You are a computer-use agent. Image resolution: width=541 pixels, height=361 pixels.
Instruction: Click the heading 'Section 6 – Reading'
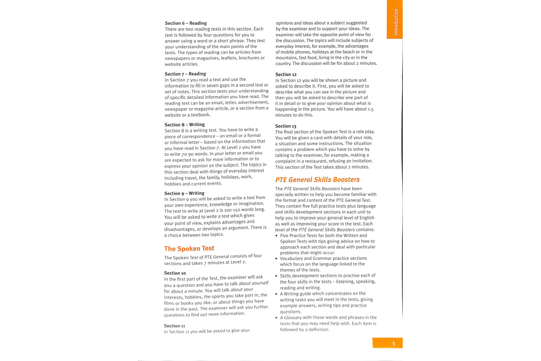pyautogui.click(x=186, y=23)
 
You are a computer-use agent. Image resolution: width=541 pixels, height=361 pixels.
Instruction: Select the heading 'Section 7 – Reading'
pyautogui.click(x=185, y=74)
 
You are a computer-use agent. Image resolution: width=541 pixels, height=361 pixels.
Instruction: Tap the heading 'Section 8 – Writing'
pyautogui.click(x=185, y=125)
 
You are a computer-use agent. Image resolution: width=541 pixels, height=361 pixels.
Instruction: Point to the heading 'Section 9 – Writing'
pyautogui.click(x=184, y=193)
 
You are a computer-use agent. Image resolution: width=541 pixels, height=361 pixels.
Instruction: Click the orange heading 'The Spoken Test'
pyautogui.click(x=189, y=248)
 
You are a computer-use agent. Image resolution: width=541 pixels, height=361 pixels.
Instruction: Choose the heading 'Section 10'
pyautogui.click(x=175, y=273)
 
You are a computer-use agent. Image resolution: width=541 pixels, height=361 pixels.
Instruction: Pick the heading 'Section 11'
pyautogui.click(x=174, y=326)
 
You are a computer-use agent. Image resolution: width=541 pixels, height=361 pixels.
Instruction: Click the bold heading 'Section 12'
pyautogui.click(x=286, y=74)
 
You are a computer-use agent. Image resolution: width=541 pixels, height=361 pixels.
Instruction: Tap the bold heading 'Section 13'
pyautogui.click(x=286, y=126)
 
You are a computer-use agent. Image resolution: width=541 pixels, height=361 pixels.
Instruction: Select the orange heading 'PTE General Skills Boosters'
pyautogui.click(x=317, y=180)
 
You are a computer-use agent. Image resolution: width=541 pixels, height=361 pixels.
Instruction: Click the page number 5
pyautogui.click(x=394, y=344)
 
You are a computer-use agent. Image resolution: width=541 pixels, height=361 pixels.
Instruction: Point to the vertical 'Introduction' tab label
pyautogui.click(x=396, y=22)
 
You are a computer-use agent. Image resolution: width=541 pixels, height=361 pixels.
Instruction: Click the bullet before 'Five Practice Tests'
pyautogui.click(x=277, y=236)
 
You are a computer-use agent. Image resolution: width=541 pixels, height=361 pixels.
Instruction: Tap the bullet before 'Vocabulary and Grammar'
pyautogui.click(x=277, y=258)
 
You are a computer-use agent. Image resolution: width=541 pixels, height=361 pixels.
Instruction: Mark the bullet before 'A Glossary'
pyautogui.click(x=277, y=318)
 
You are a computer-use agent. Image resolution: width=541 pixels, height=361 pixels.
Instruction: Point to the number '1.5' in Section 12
pyautogui.click(x=370, y=109)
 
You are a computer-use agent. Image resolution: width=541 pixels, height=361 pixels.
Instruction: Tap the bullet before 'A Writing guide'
pyautogui.click(x=277, y=294)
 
